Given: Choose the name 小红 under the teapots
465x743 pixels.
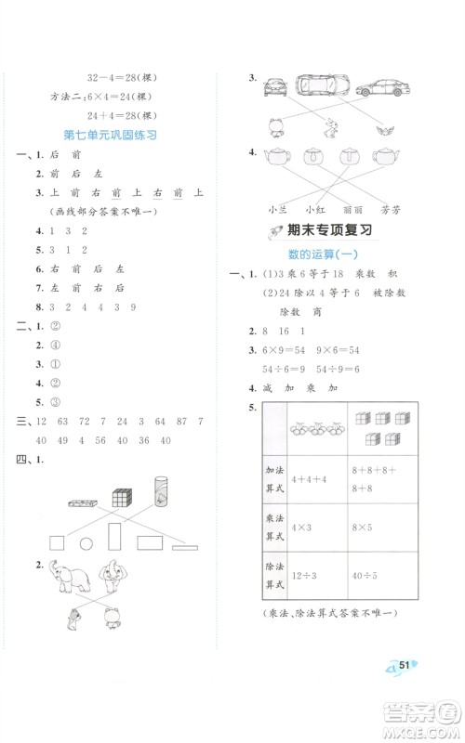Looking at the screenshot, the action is [x=314, y=208].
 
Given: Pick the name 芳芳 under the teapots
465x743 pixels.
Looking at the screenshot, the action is [x=390, y=208].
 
